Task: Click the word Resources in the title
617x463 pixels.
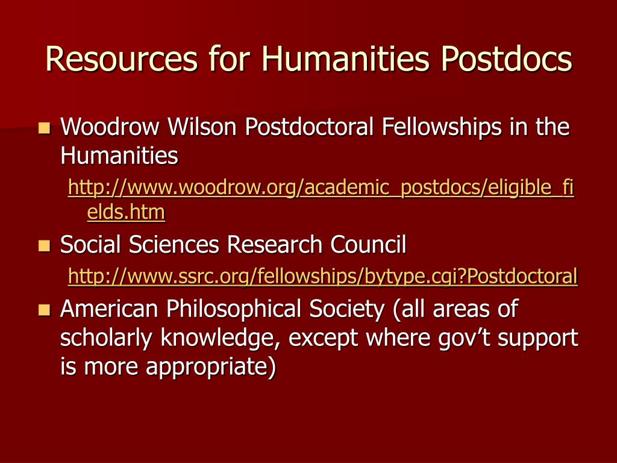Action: tap(121, 59)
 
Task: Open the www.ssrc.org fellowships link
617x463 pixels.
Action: tap(323, 276)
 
